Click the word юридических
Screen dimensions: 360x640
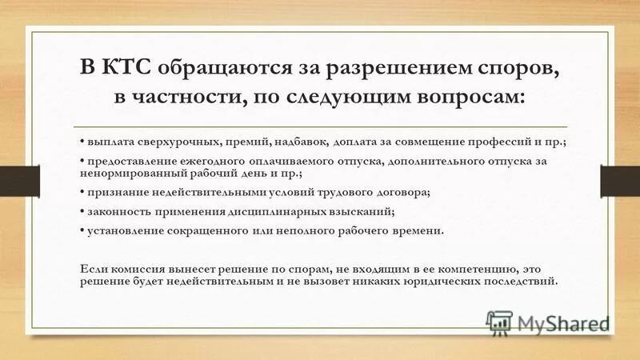click(x=430, y=282)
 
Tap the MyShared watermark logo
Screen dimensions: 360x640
click(x=548, y=323)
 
